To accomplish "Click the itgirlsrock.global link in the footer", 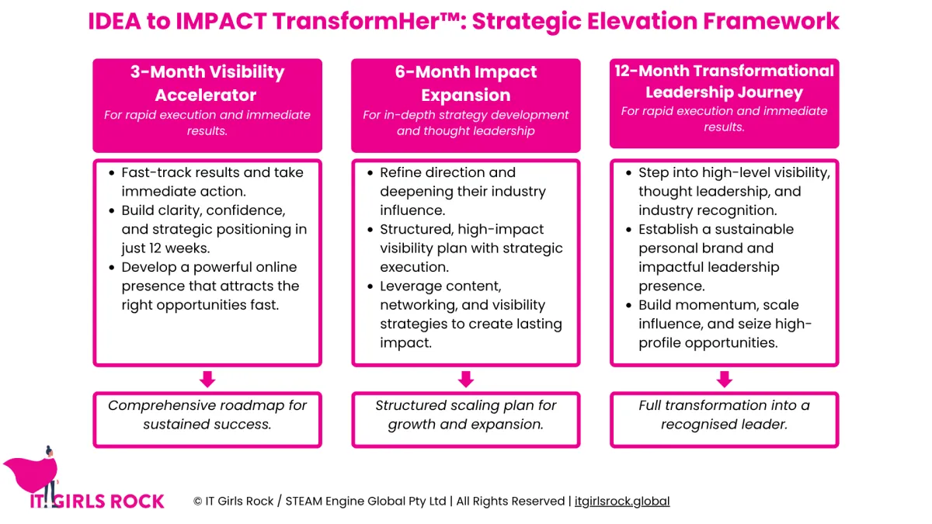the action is (x=622, y=501).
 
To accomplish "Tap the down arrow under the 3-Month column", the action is (x=207, y=380).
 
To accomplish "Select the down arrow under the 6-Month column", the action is (x=465, y=380).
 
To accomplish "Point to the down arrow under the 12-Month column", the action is (x=725, y=380).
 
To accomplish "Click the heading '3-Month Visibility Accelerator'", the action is (x=207, y=83).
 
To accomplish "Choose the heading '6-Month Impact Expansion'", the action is (x=465, y=83).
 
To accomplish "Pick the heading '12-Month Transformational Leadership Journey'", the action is (x=725, y=82).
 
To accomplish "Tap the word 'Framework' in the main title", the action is (x=771, y=21).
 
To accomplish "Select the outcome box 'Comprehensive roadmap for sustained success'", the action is (x=207, y=420).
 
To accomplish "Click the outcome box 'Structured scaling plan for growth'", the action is (x=465, y=420).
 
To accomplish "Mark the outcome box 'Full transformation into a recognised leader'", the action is (x=725, y=420).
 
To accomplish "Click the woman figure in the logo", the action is (x=50, y=476).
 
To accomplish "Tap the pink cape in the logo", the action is (x=30, y=474).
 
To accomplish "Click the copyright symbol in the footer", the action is (x=197, y=501).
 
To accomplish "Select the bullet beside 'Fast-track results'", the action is (x=112, y=173).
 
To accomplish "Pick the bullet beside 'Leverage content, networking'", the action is (x=370, y=286).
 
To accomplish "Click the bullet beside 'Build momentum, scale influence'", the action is (x=628, y=306).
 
